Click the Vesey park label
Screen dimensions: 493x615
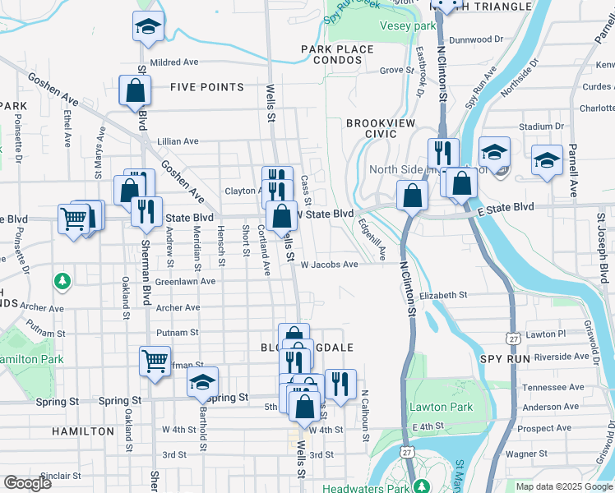tap(407, 26)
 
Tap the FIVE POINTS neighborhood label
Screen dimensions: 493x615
tap(207, 87)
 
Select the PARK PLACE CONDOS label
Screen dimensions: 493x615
tap(337, 56)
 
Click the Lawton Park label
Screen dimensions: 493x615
tap(442, 408)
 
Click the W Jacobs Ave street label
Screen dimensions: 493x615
tap(329, 265)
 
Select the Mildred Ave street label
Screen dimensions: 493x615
tap(175, 62)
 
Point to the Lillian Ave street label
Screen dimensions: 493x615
tap(178, 141)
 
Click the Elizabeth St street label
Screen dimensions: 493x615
tap(442, 295)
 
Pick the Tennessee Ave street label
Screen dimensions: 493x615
tap(557, 387)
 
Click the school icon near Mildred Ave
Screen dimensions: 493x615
tap(148, 27)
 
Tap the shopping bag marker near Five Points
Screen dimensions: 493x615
tap(135, 90)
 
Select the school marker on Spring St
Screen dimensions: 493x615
tap(202, 382)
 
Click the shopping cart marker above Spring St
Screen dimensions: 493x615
tap(155, 360)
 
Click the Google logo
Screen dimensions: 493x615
tap(27, 483)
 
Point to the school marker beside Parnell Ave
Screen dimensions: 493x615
tap(547, 160)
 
